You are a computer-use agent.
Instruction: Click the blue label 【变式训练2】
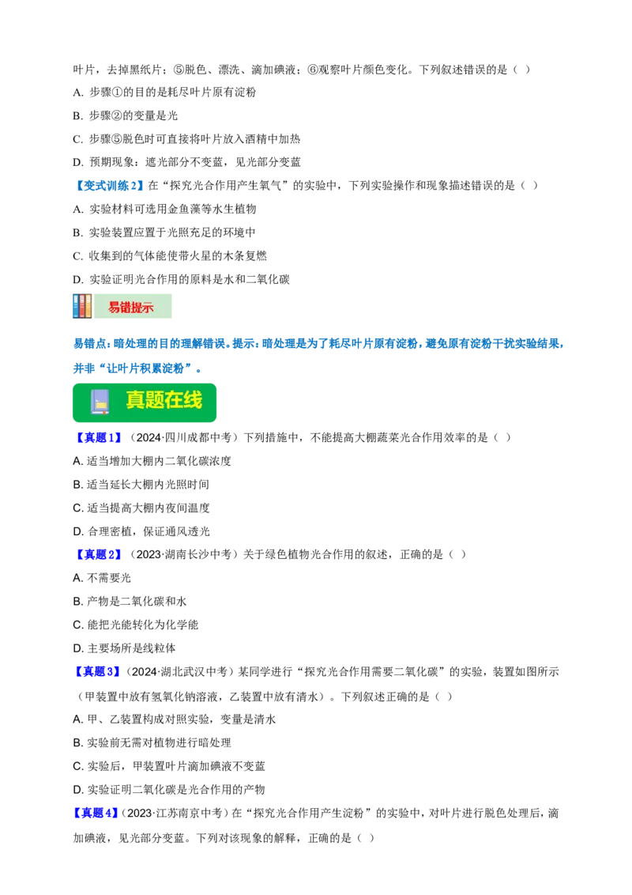pyautogui.click(x=108, y=186)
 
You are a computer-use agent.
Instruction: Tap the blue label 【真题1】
pyautogui.click(x=98, y=438)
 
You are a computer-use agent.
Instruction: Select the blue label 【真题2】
pyautogui.click(x=98, y=554)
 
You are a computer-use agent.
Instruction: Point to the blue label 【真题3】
pyautogui.click(x=98, y=672)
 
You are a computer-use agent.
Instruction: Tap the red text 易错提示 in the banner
pyautogui.click(x=131, y=307)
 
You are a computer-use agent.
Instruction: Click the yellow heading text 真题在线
pyautogui.click(x=164, y=400)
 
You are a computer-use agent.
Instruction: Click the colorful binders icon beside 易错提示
pyautogui.click(x=83, y=306)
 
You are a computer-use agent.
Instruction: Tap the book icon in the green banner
pyautogui.click(x=100, y=402)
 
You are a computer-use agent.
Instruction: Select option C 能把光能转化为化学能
pyautogui.click(x=136, y=625)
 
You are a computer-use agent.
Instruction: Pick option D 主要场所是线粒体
pyautogui.click(x=124, y=648)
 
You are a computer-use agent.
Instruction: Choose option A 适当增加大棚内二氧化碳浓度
pyautogui.click(x=152, y=461)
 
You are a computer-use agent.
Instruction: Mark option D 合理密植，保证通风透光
pyautogui.click(x=141, y=531)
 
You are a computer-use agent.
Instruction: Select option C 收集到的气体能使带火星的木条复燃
pyautogui.click(x=170, y=255)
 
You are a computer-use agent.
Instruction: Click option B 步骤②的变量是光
pyautogui.click(x=126, y=116)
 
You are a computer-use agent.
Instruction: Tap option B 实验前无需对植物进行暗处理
pyautogui.click(x=152, y=742)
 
